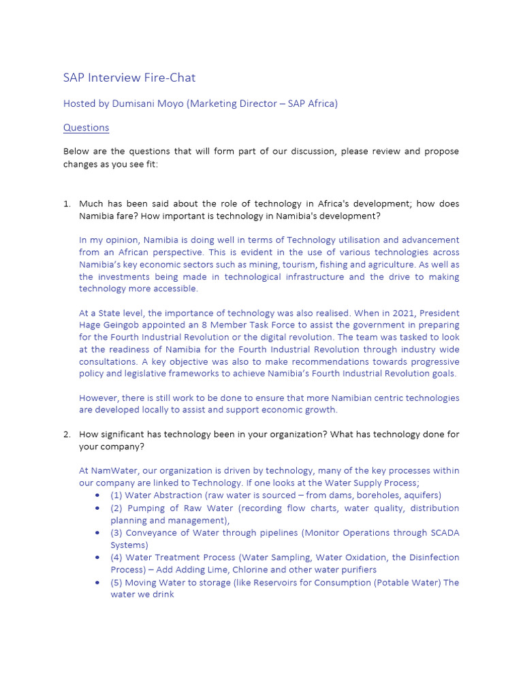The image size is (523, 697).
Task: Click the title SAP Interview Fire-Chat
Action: tap(129, 78)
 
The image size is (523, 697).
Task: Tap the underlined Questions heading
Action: tap(86, 127)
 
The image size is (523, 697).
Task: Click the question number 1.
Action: tap(67, 204)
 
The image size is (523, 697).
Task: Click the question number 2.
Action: tap(67, 434)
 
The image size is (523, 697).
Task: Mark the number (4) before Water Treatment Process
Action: tap(117, 557)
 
